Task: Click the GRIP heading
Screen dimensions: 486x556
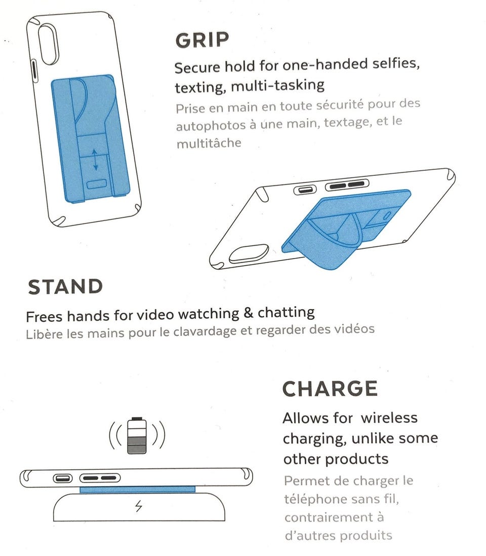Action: [202, 40]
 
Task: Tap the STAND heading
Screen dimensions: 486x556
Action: [65, 287]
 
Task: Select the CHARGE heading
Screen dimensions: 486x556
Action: [330, 389]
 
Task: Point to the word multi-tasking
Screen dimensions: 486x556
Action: [278, 86]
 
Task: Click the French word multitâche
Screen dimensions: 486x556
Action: [209, 143]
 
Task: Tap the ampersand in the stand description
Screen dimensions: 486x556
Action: [248, 313]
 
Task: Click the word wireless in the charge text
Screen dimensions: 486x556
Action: [389, 418]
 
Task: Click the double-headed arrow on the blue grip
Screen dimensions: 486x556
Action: [95, 160]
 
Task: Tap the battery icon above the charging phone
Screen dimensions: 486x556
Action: [137, 435]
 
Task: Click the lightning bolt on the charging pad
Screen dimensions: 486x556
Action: [139, 506]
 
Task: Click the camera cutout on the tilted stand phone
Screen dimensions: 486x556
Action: [249, 254]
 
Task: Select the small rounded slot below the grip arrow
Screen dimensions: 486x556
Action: [97, 184]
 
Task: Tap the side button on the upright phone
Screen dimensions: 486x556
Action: [34, 71]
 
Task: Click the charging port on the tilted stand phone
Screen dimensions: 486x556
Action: [305, 190]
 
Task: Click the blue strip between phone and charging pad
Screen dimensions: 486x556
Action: [137, 490]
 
